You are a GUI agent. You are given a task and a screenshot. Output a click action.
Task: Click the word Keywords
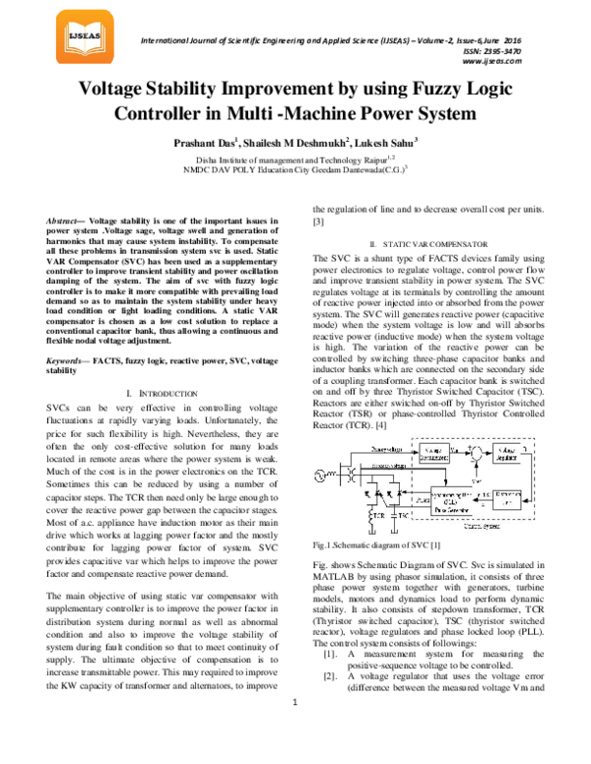pos(68,335)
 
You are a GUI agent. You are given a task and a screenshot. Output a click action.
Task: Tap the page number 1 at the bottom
pos(295,729)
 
